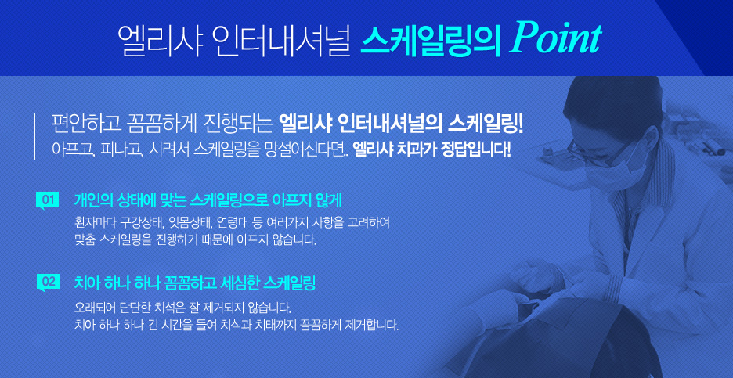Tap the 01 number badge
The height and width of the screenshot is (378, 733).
(x=47, y=201)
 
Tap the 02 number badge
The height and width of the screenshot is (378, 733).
(x=47, y=282)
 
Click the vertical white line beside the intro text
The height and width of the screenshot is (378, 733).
(x=34, y=136)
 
